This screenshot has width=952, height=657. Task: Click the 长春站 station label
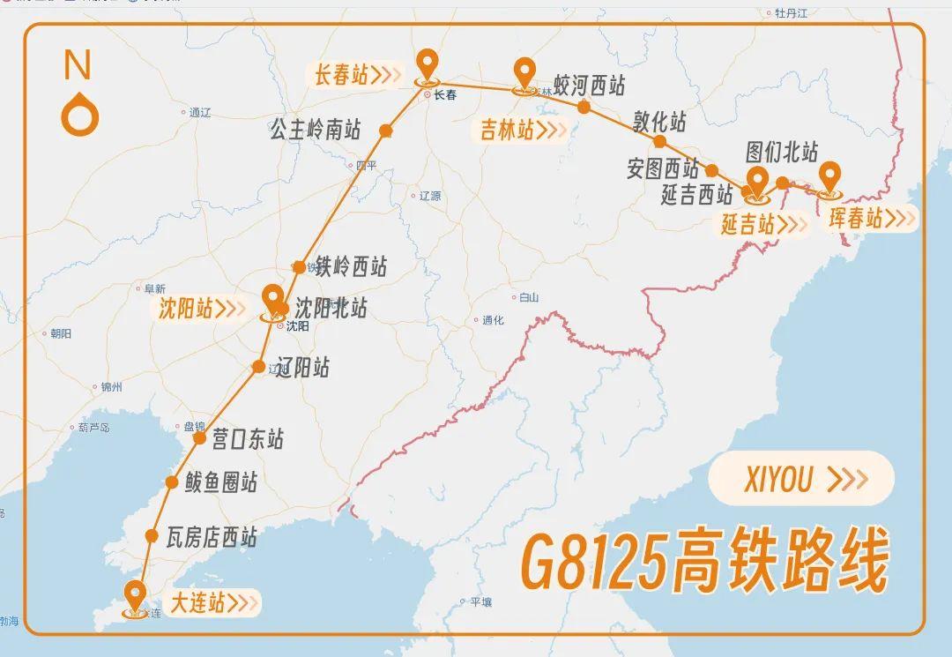pos(342,75)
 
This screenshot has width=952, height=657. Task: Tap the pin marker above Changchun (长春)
pos(428,63)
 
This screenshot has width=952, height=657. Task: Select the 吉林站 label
pos(508,131)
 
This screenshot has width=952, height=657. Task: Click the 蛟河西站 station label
pos(590,86)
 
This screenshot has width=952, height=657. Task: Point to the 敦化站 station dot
pos(659,141)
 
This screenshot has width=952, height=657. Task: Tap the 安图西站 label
pos(662,168)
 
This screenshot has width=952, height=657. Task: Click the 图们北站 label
pos(782,152)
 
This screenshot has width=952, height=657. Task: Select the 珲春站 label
pos(856,218)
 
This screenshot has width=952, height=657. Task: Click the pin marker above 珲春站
pos(829,176)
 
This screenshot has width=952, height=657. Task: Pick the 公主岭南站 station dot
pos(385,131)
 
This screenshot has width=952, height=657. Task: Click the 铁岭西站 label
pos(352,265)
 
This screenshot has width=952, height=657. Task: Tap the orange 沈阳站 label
pos(187,309)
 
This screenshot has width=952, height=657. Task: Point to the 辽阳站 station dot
pos(258,366)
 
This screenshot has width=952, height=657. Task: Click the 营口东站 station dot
pos(199,437)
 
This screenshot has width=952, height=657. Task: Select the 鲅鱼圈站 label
pos(221,482)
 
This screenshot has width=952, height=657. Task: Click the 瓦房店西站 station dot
pos(152,535)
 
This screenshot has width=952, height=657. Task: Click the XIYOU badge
pos(800,478)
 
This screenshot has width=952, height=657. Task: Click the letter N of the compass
pos(78,64)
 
